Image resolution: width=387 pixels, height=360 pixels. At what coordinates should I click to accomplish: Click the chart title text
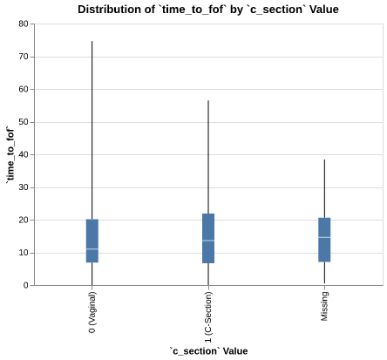208,10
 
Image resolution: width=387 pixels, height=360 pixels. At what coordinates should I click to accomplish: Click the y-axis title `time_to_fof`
10,154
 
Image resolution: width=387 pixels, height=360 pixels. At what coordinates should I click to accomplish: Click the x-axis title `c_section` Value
208,351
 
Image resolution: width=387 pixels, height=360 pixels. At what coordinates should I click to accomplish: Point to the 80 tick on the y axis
22,24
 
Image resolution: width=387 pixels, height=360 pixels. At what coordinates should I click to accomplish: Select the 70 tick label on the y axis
22,57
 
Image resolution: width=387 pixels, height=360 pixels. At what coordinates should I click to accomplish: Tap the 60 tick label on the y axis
22,90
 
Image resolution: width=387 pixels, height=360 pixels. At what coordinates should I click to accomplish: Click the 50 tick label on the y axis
22,122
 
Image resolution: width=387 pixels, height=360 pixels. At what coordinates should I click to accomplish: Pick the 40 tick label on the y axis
22,155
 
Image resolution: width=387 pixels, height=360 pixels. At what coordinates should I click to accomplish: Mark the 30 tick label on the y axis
22,187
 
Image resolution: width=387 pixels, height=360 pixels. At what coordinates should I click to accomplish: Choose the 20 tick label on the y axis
22,221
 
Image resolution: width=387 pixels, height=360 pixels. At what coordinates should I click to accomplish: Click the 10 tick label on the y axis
22,253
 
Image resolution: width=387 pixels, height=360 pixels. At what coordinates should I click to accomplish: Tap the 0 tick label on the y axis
24,286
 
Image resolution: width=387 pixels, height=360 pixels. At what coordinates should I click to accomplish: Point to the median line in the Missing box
324,237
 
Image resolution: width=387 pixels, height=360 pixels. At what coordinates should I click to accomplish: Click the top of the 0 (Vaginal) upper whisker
92,41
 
